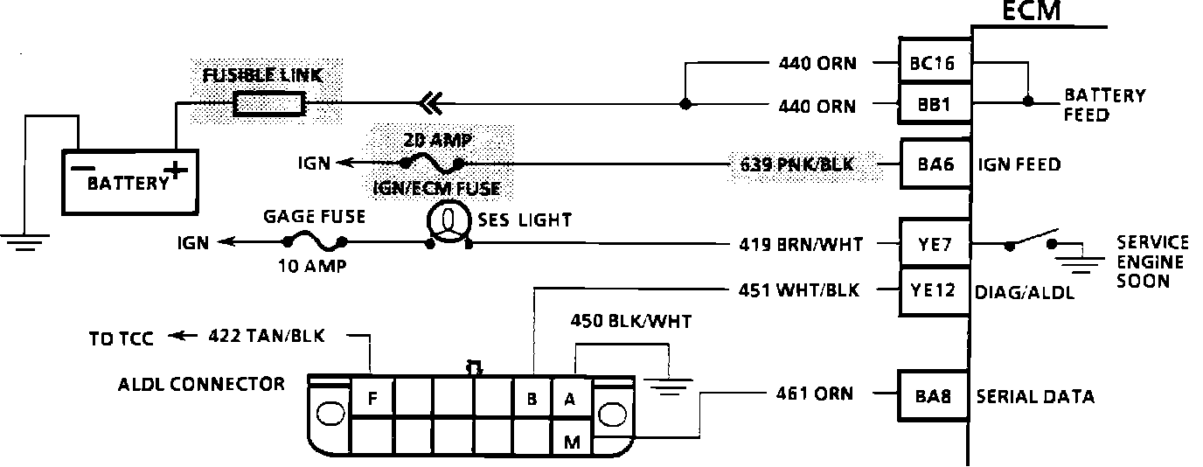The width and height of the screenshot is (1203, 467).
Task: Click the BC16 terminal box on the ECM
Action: click(x=935, y=63)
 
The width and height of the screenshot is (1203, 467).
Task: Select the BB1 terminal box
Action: click(x=935, y=106)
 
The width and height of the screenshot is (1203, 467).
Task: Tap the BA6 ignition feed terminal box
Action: click(x=935, y=164)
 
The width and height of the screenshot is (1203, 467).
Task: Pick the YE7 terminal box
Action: click(x=935, y=245)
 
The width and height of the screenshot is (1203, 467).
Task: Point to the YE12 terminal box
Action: click(x=935, y=290)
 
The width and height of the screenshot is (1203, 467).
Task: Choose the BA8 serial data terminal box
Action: click(x=935, y=396)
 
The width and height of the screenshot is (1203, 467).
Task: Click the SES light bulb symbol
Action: click(x=447, y=222)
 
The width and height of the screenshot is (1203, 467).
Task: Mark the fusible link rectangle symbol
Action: click(x=270, y=106)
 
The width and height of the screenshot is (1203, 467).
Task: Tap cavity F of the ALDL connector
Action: click(x=373, y=400)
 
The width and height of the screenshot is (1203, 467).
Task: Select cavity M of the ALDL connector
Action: click(x=572, y=443)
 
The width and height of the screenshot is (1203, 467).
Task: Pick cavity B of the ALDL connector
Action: click(x=532, y=400)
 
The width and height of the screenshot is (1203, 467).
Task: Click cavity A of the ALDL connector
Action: click(x=571, y=400)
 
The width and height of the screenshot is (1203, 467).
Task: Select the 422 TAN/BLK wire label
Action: click(x=279, y=336)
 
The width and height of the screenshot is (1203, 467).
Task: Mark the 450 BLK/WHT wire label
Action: click(x=629, y=322)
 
